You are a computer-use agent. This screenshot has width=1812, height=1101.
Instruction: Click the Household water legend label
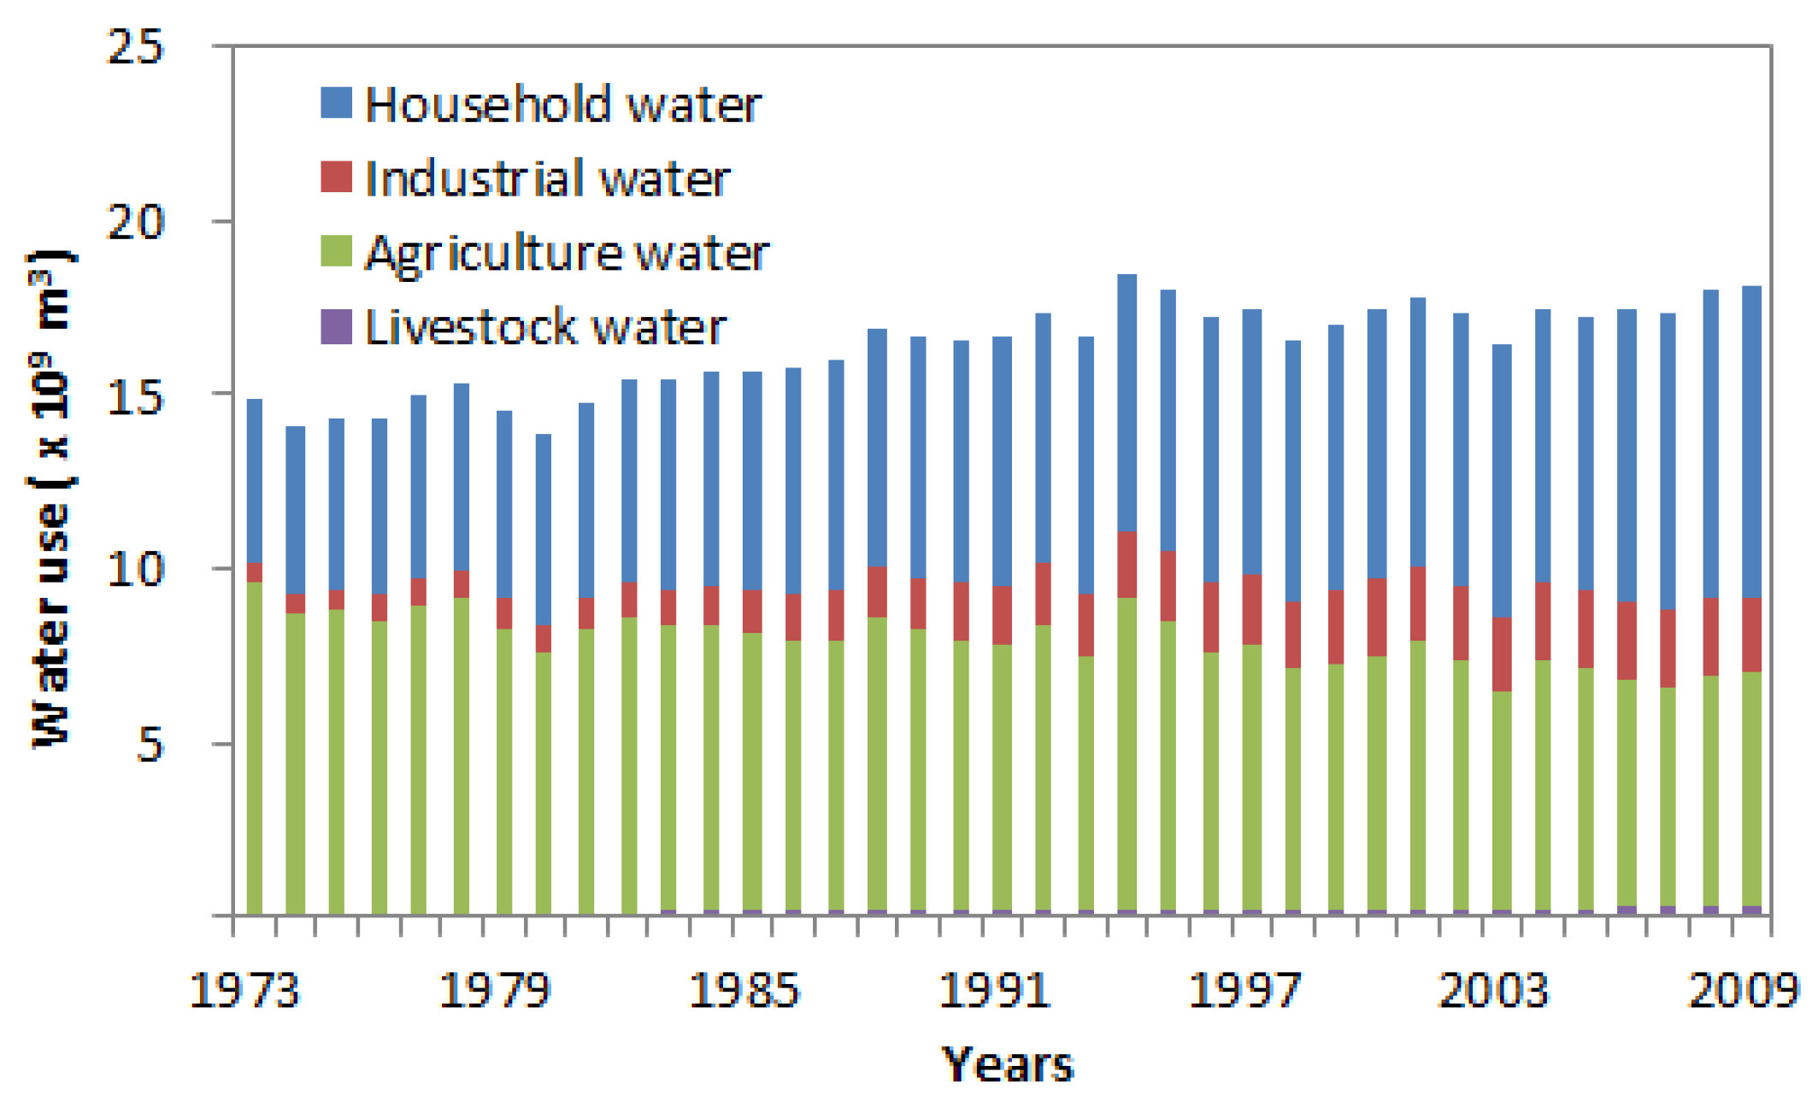[x=562, y=105]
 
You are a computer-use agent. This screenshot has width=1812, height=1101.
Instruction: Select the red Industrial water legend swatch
[x=336, y=177]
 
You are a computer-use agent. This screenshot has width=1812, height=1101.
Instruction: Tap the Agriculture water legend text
[x=567, y=254]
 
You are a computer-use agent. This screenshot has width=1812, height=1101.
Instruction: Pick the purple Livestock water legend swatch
[x=336, y=326]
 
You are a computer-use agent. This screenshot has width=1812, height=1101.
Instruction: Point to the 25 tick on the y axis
[x=134, y=46]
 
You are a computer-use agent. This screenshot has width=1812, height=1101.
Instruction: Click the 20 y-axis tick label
[x=134, y=222]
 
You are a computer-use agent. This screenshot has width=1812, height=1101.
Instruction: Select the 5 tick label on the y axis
[x=149, y=745]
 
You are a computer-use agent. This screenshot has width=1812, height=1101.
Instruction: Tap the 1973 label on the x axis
[x=244, y=991]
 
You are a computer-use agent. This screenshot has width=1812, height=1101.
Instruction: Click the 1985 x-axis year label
[x=744, y=991]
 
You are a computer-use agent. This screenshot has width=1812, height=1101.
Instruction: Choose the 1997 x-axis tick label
[x=1244, y=991]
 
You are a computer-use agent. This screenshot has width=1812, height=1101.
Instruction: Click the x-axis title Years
[x=1007, y=1064]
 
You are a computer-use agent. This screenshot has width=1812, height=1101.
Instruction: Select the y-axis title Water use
[x=51, y=500]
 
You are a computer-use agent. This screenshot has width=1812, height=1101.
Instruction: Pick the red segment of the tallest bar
[x=1127, y=564]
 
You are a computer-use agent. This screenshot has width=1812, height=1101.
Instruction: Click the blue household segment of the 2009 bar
[x=1751, y=441]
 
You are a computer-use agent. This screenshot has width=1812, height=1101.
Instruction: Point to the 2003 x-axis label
[x=1493, y=991]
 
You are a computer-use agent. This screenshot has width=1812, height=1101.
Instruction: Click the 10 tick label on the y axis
[x=134, y=569]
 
